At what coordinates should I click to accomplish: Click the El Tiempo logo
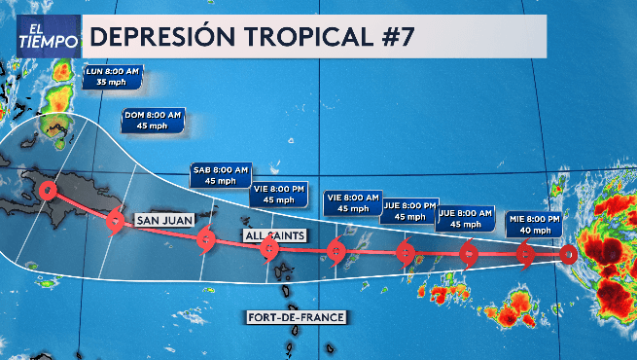47,37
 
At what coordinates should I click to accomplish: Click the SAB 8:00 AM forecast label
221,174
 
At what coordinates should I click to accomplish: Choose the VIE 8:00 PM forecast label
278,194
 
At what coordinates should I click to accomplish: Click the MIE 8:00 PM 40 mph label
535,225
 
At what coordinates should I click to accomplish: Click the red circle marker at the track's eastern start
569,255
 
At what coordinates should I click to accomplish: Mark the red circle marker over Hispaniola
50,191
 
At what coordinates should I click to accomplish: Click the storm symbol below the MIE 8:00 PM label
526,256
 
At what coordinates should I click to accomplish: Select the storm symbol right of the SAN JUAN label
205,238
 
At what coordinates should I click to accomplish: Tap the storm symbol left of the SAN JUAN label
116,221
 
